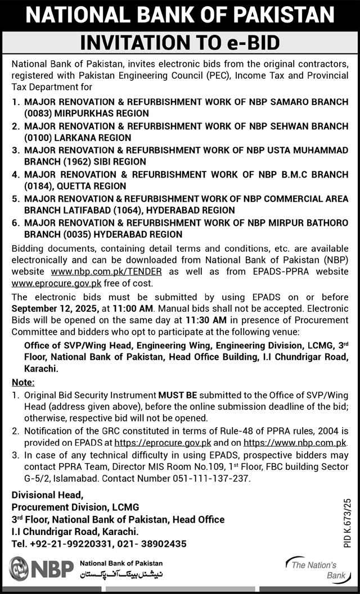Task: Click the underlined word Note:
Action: click(23, 382)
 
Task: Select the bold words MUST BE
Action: click(175, 395)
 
